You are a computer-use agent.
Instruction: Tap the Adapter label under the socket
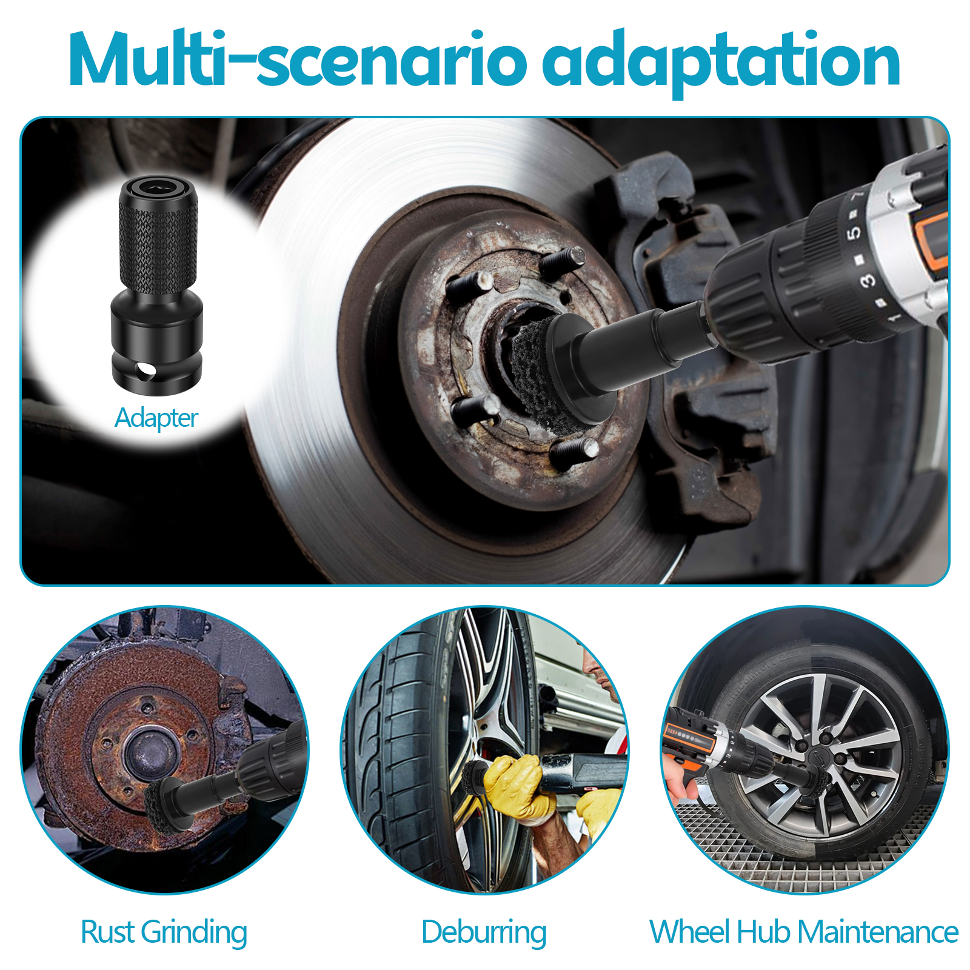point(156,418)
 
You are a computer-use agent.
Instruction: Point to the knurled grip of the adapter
point(158,246)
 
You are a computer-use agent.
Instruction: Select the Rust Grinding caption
point(164,932)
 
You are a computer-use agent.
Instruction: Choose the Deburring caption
point(484,932)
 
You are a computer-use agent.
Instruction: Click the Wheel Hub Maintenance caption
point(804,932)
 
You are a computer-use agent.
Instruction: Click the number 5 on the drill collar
point(853,232)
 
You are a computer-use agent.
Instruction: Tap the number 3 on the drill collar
point(868,280)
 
